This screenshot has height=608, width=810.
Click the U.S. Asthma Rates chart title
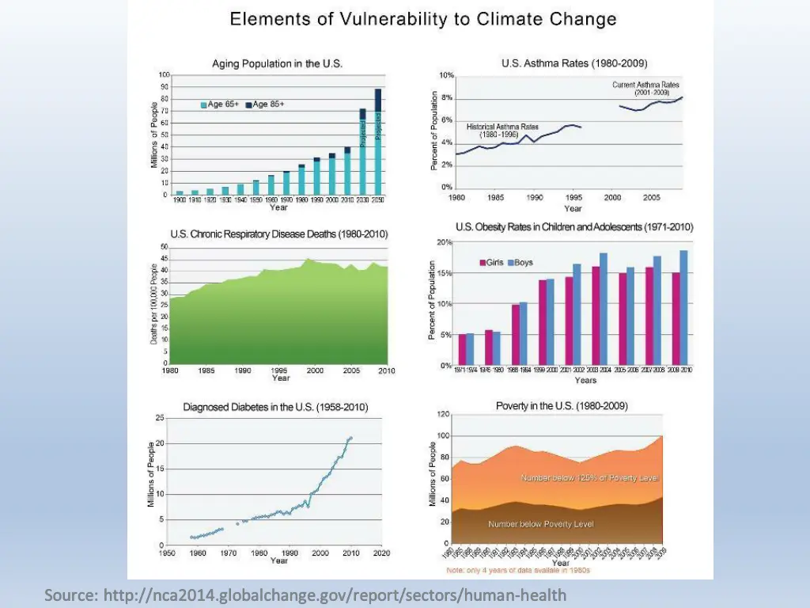[x=574, y=63]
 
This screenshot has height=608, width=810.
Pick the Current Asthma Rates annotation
[x=645, y=88]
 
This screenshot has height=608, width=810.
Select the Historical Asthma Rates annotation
[x=502, y=131]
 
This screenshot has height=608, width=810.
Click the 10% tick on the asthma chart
[x=447, y=75]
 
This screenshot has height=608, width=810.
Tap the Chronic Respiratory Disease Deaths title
[x=279, y=234]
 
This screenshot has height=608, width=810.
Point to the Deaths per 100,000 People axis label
[x=154, y=304]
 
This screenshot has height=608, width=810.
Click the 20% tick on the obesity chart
[x=445, y=242]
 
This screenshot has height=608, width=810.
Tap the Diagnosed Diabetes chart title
[x=275, y=407]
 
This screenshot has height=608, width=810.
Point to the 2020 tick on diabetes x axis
[x=381, y=553]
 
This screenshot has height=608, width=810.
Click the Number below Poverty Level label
[x=541, y=524]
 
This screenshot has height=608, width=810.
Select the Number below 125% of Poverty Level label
[x=589, y=478]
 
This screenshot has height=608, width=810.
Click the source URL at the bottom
[x=305, y=595]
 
